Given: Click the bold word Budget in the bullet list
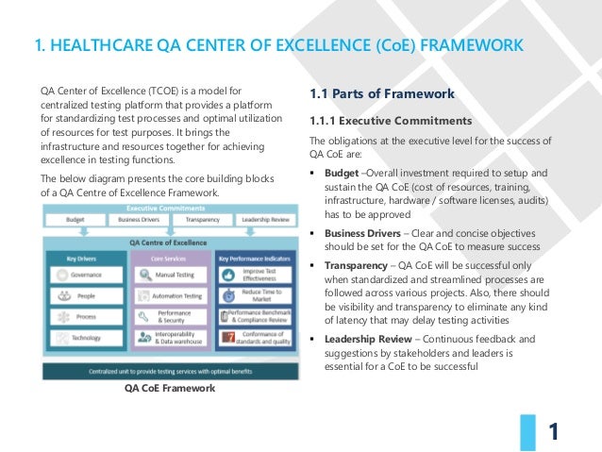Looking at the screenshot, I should pos(341,174).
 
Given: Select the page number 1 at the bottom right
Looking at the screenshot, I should pos(555,432).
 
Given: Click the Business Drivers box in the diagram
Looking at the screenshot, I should pos(136,218).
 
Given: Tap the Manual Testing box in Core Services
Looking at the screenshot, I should pos(171,275).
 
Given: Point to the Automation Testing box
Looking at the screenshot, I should pos(171,295).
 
